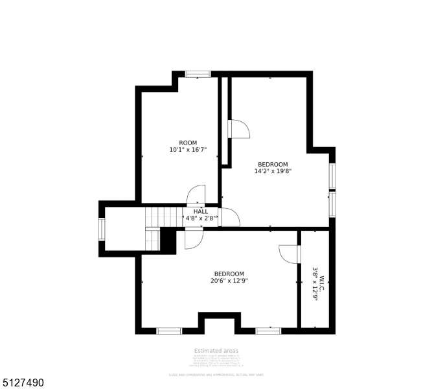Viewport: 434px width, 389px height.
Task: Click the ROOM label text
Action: tap(188, 143)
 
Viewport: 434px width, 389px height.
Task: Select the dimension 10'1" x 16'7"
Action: tap(188, 150)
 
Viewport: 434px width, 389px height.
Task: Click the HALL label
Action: tap(201, 211)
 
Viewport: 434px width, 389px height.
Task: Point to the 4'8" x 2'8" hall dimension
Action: tap(201, 219)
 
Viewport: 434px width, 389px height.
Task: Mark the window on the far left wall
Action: tap(102, 229)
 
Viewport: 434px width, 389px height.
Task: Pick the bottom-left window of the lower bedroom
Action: tap(169, 331)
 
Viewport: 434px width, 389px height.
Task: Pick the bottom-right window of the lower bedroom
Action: tap(268, 331)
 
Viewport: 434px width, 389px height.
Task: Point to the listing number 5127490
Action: tap(23, 383)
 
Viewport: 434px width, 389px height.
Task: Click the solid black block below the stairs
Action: tap(168, 241)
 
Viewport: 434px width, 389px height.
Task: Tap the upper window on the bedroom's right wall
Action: tap(332, 175)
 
